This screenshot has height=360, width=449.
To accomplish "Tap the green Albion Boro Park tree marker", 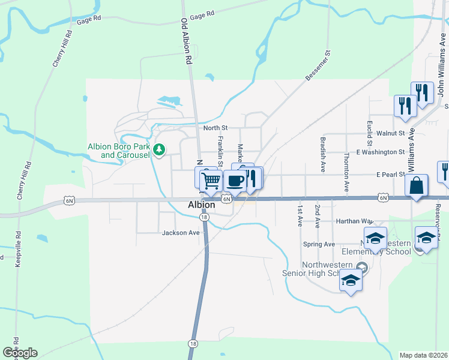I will tap(159, 149).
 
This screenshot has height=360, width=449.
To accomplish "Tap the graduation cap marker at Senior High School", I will tap(351, 280).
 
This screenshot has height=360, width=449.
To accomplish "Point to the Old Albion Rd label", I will tap(187, 42).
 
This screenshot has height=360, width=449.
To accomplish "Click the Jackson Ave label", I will tap(180, 233).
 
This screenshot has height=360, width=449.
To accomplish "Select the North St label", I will tap(215, 128).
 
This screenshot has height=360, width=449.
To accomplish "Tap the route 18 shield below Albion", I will tap(205, 217).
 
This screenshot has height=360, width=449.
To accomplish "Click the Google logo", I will tap(20, 353).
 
